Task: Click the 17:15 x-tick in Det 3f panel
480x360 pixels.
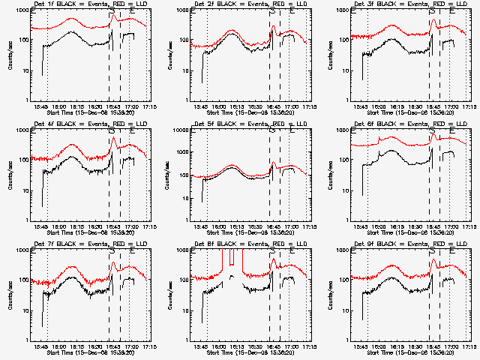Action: pyautogui.click(x=469, y=106)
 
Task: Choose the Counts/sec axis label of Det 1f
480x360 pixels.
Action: pyautogui.click(x=10, y=55)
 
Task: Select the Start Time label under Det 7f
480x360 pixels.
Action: pyautogui.click(x=84, y=353)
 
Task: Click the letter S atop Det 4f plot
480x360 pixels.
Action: pyautogui.click(x=112, y=131)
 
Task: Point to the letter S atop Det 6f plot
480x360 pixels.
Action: pyautogui.click(x=432, y=131)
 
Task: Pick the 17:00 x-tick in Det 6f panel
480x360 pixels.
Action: pyautogui.click(x=451, y=226)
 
